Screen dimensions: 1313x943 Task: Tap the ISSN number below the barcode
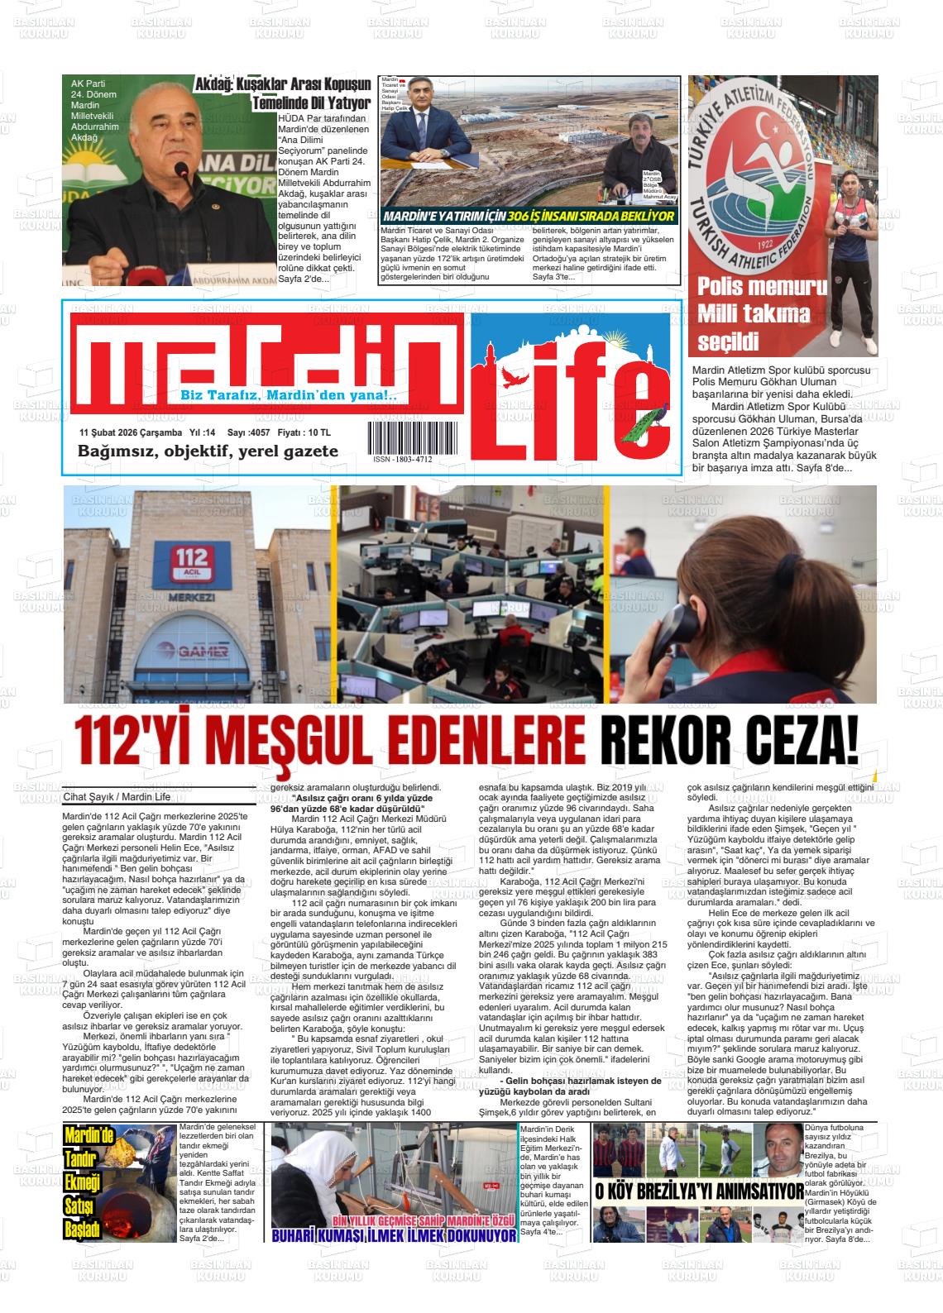tap(402, 459)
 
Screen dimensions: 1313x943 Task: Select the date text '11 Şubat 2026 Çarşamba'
tap(131, 433)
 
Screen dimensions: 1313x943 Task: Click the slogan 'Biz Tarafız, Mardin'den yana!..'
tap(289, 396)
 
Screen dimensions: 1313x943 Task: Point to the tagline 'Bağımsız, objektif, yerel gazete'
tap(208, 451)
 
